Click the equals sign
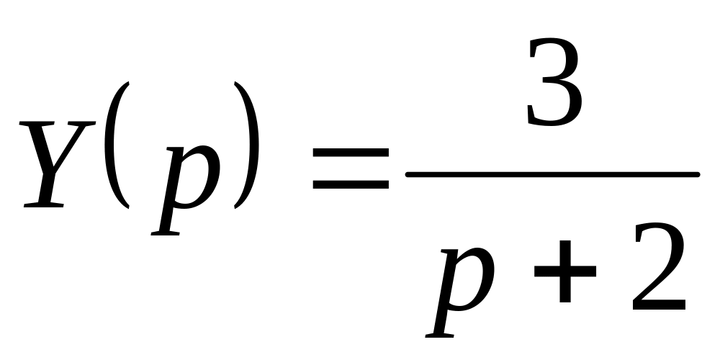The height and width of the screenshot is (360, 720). (x=351, y=168)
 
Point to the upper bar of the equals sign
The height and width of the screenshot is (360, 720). (x=351, y=153)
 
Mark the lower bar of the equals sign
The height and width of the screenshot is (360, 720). (x=351, y=184)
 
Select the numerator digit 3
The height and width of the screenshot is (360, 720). (x=554, y=82)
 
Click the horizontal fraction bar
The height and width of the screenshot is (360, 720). (x=553, y=174)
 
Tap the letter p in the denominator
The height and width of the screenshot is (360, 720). (x=460, y=292)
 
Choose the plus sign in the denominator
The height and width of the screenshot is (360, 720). (x=565, y=271)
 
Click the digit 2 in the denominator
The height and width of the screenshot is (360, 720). (x=660, y=266)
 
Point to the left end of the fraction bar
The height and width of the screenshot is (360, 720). (x=408, y=174)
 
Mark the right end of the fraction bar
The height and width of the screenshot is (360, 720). (x=698, y=174)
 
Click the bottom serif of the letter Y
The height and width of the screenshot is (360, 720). (x=44, y=204)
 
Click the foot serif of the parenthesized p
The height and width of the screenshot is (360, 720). (x=166, y=234)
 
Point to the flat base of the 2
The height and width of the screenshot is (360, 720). (x=660, y=305)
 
